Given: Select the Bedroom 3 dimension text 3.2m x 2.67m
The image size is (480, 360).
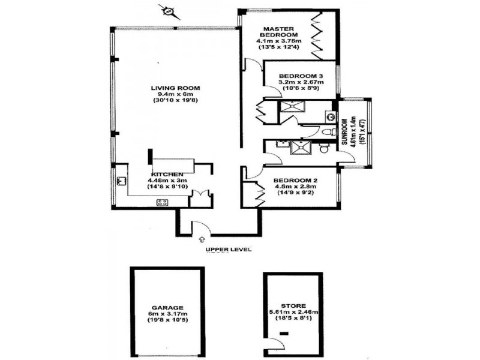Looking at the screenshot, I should click(302, 82).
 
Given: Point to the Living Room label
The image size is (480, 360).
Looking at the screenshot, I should click(175, 88).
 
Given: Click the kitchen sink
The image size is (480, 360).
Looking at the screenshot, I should click(121, 180).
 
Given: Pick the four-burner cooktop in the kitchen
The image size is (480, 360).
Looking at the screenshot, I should click(161, 202).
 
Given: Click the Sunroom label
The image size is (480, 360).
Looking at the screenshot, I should click(346, 132).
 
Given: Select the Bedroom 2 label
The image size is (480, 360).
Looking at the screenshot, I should click(295, 180).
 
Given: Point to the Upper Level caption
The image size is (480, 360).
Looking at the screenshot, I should click(228, 250).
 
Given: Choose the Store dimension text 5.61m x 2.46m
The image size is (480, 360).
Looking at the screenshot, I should click(293, 312).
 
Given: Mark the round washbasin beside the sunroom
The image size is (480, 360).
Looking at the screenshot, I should click(331, 116).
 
